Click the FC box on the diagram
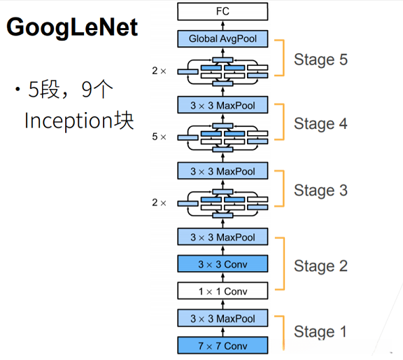[222, 11]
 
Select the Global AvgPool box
[222, 39]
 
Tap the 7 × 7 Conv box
[222, 345]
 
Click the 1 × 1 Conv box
[222, 291]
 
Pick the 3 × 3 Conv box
[222, 264]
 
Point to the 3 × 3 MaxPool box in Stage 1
[222, 318]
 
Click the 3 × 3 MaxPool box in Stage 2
[222, 237]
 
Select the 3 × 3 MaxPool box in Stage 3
[222, 170]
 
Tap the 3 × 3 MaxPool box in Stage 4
[222, 106]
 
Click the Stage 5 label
[320, 59]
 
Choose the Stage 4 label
[320, 124]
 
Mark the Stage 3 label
[320, 190]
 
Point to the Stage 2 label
[320, 265]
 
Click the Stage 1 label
[320, 331]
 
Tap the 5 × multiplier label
[160, 137]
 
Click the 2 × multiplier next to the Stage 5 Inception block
[160, 70]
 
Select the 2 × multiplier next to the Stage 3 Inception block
[160, 202]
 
